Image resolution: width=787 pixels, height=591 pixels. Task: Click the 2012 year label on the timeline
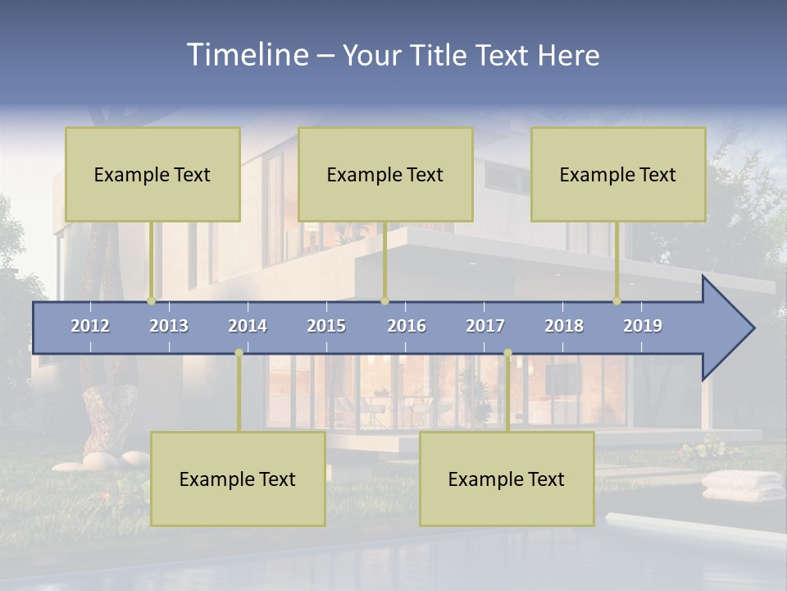click(90, 326)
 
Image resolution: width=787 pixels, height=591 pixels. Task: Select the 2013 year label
click(169, 326)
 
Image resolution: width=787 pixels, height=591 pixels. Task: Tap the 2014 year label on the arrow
click(248, 326)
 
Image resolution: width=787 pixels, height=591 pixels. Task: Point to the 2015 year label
click(326, 326)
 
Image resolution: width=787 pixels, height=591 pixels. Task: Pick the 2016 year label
click(407, 326)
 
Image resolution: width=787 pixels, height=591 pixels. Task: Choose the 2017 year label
click(485, 326)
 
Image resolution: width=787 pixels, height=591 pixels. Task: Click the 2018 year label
click(564, 326)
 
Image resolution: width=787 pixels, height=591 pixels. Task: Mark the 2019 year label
click(643, 326)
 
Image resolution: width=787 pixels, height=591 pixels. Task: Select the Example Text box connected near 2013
click(152, 174)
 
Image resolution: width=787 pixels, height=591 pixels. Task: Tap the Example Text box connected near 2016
click(385, 174)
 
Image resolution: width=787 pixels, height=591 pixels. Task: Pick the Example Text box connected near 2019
click(618, 174)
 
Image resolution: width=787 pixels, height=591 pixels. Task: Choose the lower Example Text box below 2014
click(238, 479)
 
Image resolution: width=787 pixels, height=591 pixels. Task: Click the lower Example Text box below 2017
click(507, 479)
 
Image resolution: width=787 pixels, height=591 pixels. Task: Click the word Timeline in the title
click(246, 55)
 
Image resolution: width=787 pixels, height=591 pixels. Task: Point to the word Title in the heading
click(441, 56)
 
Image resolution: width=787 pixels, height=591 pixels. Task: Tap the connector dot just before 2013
click(151, 300)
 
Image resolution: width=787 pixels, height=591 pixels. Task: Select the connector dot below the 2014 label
click(239, 353)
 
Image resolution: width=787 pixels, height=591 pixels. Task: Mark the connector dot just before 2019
click(616, 300)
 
